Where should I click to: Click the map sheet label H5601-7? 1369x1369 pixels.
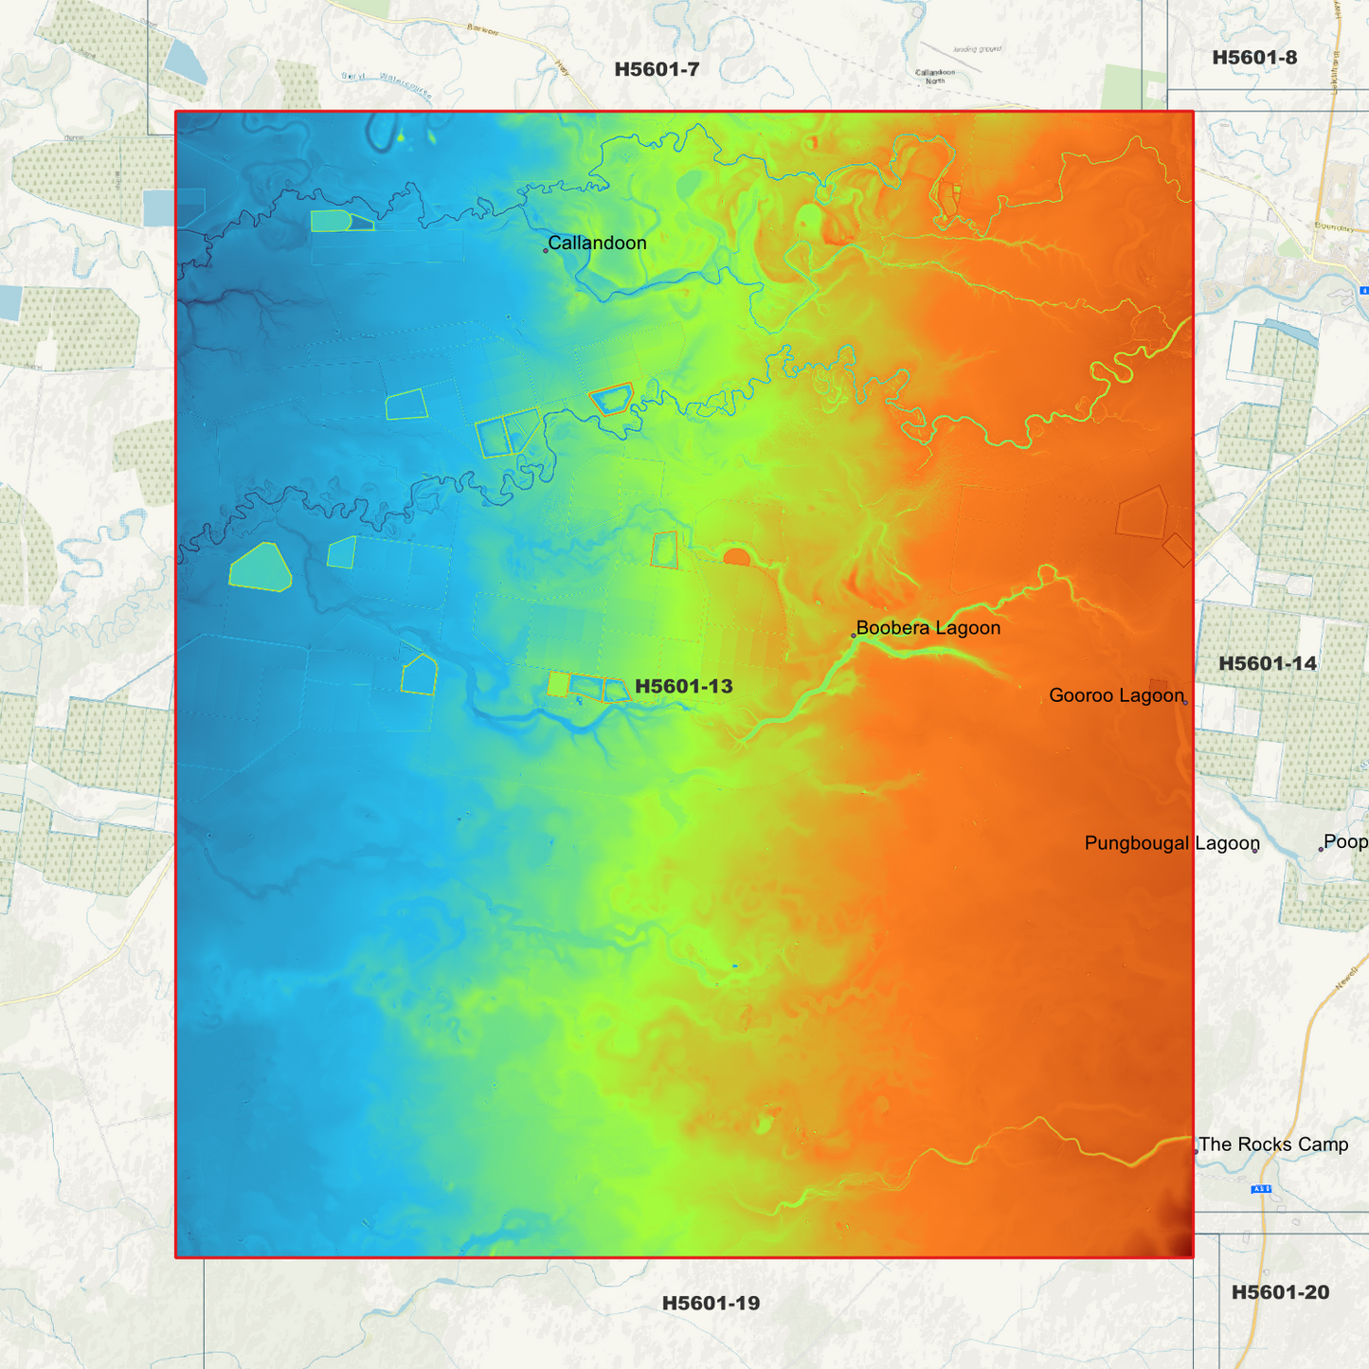pyautogui.click(x=657, y=69)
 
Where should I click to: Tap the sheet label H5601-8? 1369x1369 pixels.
pyautogui.click(x=1254, y=58)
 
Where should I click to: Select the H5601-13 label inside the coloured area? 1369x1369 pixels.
pyautogui.click(x=684, y=686)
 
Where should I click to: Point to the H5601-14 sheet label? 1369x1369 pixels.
pyautogui.click(x=1268, y=663)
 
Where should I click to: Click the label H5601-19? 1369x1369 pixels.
pyautogui.click(x=711, y=1303)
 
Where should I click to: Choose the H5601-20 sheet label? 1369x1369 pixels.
pyautogui.click(x=1280, y=1292)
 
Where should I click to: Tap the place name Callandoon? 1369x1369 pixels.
pyautogui.click(x=597, y=243)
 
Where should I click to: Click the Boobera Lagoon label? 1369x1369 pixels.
pyautogui.click(x=928, y=627)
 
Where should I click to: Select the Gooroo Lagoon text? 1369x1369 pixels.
pyautogui.click(x=1116, y=695)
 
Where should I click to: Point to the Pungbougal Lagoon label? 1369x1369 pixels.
pyautogui.click(x=1172, y=843)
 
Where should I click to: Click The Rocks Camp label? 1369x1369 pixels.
pyautogui.click(x=1273, y=1144)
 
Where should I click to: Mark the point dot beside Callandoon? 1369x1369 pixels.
pyautogui.click(x=546, y=251)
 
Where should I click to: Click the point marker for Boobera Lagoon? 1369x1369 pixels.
pyautogui.click(x=854, y=636)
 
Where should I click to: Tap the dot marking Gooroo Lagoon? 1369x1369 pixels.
pyautogui.click(x=1185, y=703)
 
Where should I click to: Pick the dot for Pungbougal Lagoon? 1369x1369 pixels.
pyautogui.click(x=1255, y=851)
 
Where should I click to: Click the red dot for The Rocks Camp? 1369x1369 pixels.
pyautogui.click(x=1196, y=1152)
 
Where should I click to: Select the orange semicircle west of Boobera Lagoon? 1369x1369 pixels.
pyautogui.click(x=736, y=557)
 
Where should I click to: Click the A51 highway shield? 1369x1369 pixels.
pyautogui.click(x=1261, y=1189)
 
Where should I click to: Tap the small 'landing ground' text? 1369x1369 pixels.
pyautogui.click(x=978, y=49)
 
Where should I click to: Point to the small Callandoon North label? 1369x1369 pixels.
pyautogui.click(x=935, y=76)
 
